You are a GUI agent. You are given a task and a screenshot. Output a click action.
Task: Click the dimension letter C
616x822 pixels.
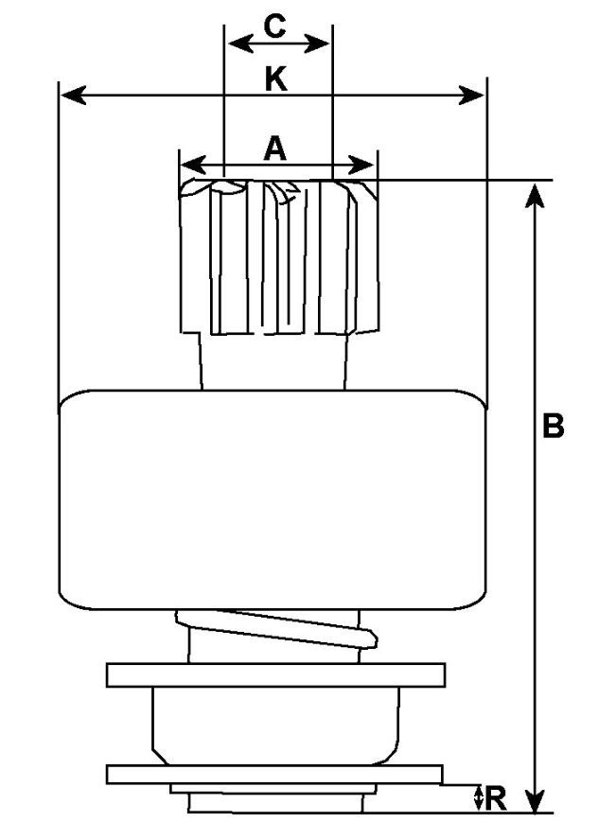click(274, 26)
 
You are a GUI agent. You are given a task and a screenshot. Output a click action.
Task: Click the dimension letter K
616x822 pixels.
click(275, 79)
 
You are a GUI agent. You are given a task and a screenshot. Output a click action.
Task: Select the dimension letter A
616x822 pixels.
click(274, 148)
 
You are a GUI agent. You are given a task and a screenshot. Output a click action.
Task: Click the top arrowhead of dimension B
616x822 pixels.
click(536, 193)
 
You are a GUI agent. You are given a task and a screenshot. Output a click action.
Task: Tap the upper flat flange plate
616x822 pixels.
click(275, 675)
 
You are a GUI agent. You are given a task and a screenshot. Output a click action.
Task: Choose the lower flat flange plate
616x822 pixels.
click(273, 774)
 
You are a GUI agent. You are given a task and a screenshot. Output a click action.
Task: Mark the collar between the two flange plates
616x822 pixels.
click(275, 725)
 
